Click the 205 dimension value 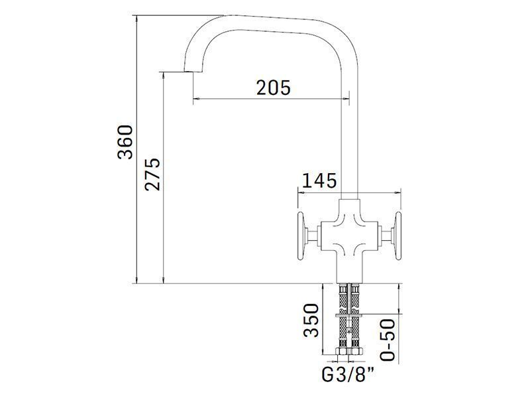[273, 88]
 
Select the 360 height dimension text [125, 142]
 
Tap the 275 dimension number [152, 174]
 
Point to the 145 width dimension [319, 180]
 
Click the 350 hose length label [311, 320]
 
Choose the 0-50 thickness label [388, 340]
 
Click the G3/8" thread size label [348, 375]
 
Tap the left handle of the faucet [301, 236]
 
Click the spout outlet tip [193, 72]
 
